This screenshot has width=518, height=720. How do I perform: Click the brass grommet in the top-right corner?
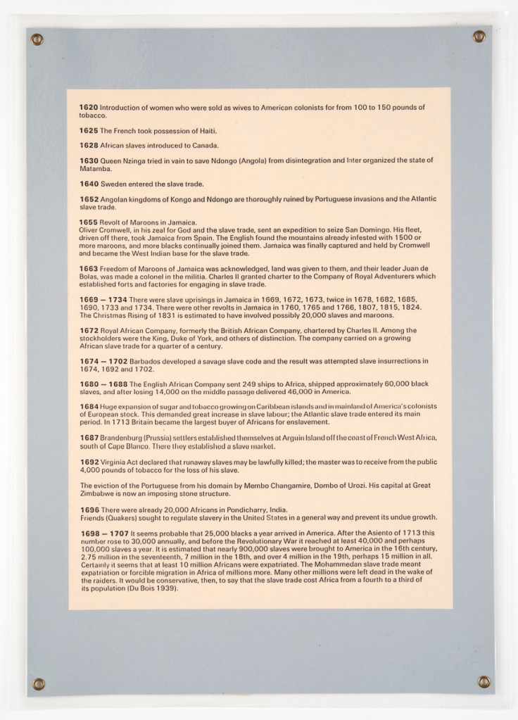coord(479,37)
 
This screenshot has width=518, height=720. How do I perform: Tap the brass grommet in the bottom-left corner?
coord(39,683)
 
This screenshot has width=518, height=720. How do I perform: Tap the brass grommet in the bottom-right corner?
coord(484,681)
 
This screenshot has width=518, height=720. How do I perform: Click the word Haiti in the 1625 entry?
coord(205,131)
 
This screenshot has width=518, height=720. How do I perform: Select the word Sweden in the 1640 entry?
coord(113,184)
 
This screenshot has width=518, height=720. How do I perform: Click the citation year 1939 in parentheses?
coord(165,588)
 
